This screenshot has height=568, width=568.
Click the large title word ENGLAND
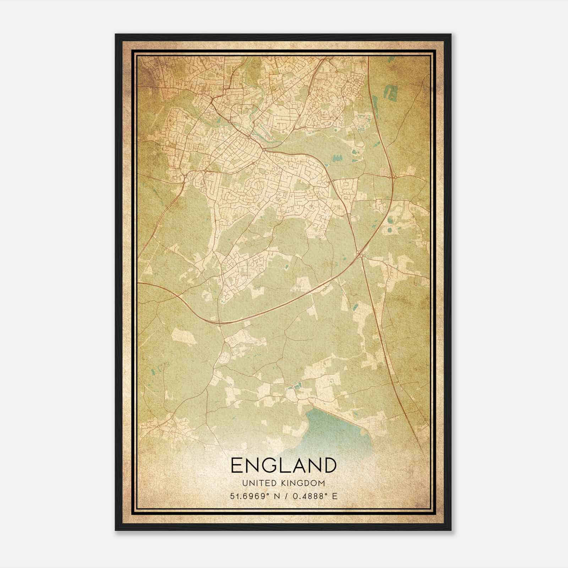[283, 465]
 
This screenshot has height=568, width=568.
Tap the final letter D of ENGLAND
[329, 465]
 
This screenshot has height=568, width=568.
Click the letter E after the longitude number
[335, 496]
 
